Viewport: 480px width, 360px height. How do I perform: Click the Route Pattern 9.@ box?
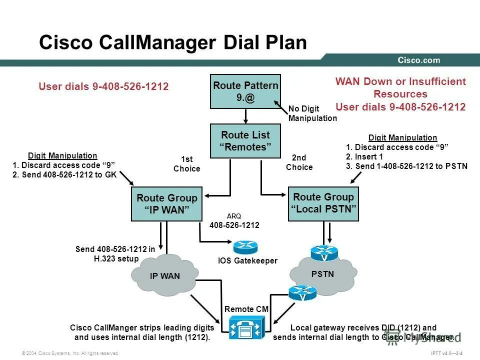[245, 91]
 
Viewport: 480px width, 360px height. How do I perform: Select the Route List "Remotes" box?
[245, 141]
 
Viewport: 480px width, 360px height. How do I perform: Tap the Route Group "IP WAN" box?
[166, 204]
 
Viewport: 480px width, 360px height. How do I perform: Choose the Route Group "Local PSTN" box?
[323, 202]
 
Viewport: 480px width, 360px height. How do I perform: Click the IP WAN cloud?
[164, 275]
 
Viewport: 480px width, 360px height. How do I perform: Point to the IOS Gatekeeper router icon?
[245, 246]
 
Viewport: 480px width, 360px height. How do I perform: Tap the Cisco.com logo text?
[418, 60]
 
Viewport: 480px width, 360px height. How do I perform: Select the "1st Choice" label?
[186, 164]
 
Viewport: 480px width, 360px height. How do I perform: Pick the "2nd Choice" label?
[299, 162]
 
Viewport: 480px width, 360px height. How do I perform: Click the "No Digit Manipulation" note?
[312, 113]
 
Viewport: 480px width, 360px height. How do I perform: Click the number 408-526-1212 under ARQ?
[234, 225]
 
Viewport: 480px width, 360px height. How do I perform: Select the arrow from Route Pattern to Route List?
[245, 116]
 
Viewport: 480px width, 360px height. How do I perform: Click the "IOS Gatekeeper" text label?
[247, 260]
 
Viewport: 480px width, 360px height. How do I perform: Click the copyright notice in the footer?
[70, 353]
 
